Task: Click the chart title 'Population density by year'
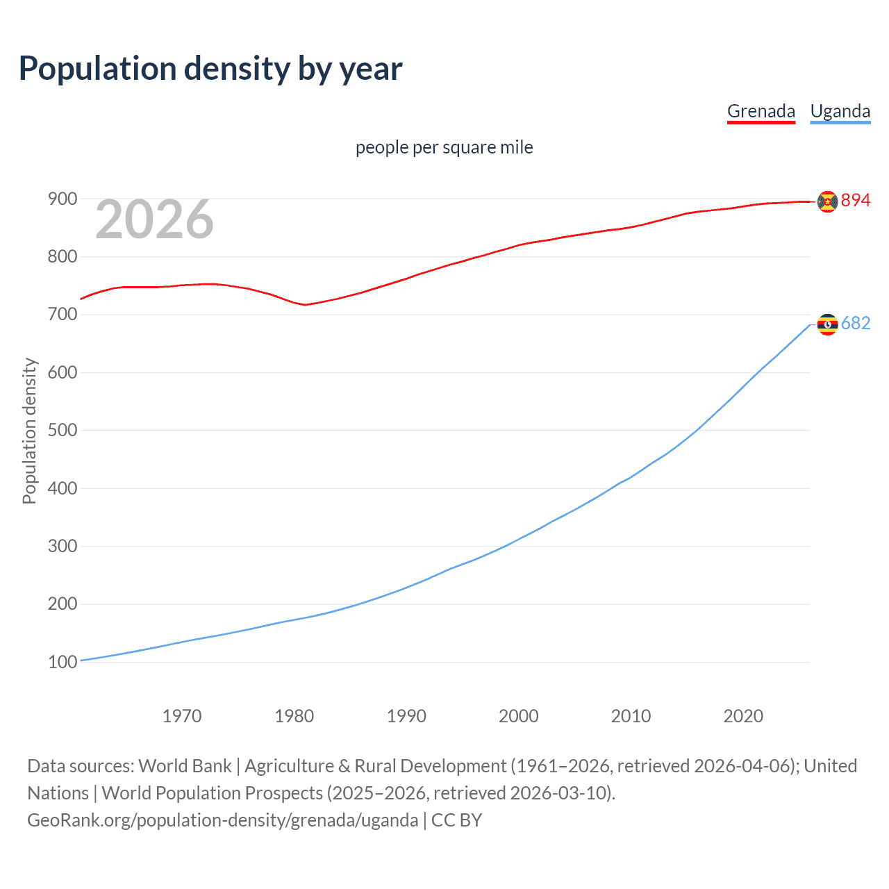click(210, 69)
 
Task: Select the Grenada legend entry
click(761, 111)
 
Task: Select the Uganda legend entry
click(840, 111)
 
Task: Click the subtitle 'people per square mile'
click(444, 147)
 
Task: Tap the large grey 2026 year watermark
click(154, 219)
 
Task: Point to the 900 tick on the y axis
click(62, 199)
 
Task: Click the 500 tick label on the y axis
click(62, 431)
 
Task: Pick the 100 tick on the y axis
click(62, 662)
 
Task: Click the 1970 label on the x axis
click(182, 716)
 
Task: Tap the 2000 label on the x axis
click(519, 716)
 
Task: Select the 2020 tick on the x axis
click(743, 716)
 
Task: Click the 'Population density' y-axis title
click(29, 431)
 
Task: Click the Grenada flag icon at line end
click(827, 201)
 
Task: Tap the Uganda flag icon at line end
click(827, 324)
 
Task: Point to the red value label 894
click(856, 201)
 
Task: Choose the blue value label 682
click(856, 324)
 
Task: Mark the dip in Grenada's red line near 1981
click(304, 304)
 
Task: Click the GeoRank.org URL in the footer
click(222, 820)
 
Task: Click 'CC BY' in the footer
click(456, 820)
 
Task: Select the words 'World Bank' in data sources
click(185, 766)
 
